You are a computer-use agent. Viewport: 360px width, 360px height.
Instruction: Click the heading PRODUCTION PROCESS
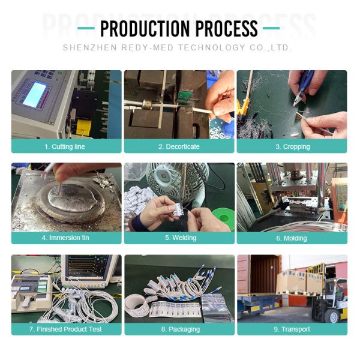pos(179,28)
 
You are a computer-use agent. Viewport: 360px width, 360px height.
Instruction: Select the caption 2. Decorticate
pos(179,146)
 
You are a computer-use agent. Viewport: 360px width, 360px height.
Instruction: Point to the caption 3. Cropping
pos(292,146)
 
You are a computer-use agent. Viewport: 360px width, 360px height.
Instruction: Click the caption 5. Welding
pos(179,238)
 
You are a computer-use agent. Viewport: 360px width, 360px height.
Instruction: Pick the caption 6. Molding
pos(292,238)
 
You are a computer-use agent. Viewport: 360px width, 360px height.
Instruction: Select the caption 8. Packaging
pos(179,329)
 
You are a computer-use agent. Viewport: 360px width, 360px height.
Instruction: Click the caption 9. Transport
pos(292,329)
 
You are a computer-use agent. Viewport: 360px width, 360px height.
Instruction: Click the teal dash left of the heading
pos(86,28)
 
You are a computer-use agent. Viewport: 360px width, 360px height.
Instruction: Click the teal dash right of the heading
pos(271,28)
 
